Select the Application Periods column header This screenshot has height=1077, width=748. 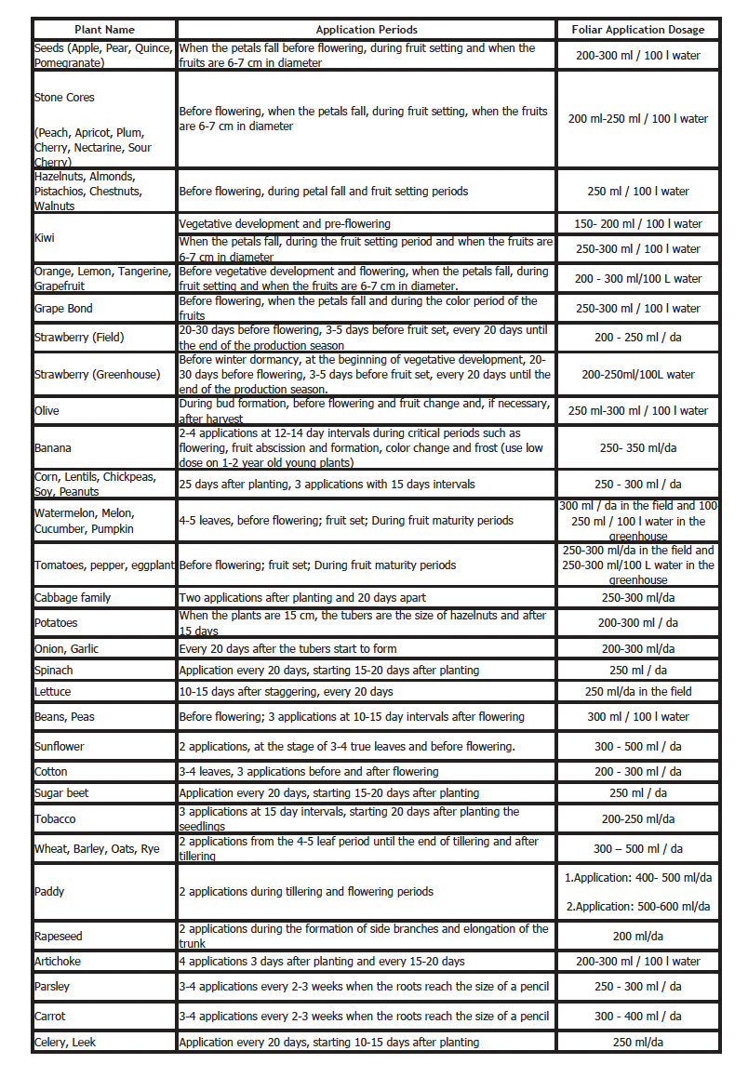[367, 30]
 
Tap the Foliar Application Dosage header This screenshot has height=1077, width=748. [637, 30]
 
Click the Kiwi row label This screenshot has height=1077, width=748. [45, 238]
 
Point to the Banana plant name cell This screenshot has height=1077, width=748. [52, 448]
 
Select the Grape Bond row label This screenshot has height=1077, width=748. [63, 309]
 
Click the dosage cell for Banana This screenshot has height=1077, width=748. [637, 448]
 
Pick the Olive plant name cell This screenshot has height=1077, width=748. [47, 410]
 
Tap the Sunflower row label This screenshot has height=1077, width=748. [59, 746]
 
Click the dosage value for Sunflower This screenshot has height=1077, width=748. [637, 746]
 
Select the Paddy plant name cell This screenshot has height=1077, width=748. [49, 892]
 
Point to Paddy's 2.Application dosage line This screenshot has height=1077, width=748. [637, 907]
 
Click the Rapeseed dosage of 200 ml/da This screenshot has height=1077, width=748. [637, 936]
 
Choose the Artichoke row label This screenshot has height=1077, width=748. [58, 961]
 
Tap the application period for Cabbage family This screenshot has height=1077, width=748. [302, 598]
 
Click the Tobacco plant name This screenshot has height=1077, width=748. [55, 819]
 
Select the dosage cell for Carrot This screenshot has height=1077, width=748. [637, 1017]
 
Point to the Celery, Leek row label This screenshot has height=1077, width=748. [65, 1043]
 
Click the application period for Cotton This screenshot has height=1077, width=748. [308, 771]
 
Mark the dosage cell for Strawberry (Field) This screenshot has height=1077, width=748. [637, 338]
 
